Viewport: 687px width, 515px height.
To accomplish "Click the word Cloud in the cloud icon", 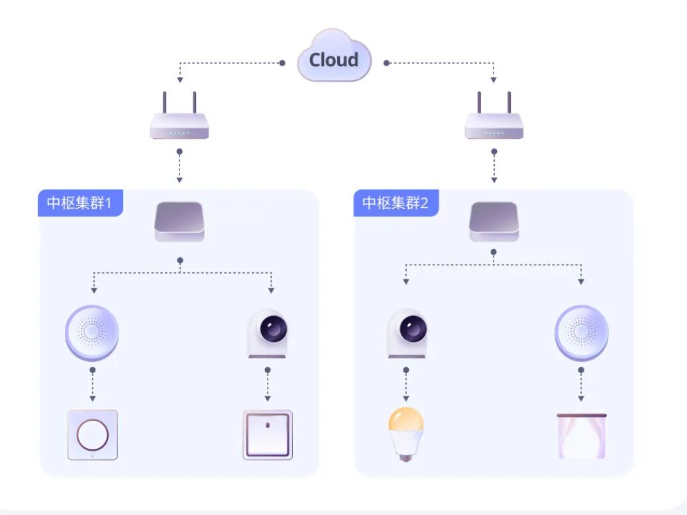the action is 334,60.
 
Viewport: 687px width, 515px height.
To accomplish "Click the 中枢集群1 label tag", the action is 80,203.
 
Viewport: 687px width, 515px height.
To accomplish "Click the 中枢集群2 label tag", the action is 396,203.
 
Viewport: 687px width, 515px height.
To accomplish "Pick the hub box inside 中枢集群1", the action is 179,221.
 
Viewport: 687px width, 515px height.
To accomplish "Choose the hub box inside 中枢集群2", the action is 494,221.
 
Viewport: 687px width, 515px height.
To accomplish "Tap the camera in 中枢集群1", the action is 267,333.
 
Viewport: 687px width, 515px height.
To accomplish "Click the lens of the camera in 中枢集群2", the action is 413,328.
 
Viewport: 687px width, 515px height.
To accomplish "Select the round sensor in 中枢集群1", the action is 92,333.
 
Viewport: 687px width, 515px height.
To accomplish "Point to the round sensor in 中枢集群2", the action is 582,333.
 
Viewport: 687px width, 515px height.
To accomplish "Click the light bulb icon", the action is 405,434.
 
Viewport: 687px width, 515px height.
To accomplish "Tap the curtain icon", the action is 582,435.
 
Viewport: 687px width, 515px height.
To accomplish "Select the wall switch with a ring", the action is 93,435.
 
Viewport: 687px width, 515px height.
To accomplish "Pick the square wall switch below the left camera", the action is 268,435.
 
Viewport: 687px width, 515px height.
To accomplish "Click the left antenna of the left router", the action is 165,103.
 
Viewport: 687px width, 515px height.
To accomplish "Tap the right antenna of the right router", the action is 509,103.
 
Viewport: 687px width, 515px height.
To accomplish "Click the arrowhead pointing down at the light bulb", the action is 405,398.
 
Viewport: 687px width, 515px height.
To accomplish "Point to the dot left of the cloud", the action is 282,63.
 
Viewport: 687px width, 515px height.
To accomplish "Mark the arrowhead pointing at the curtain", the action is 581,398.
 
